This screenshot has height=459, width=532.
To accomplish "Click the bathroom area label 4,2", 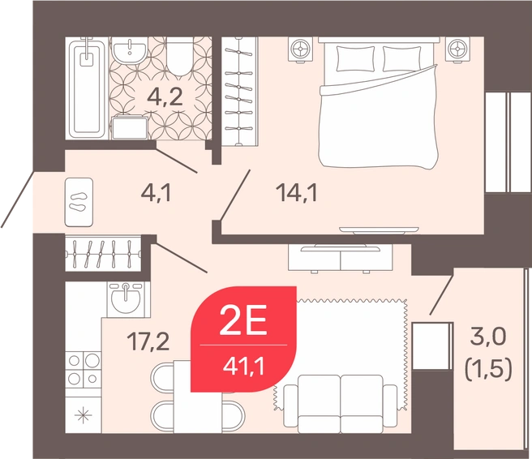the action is click(165, 97).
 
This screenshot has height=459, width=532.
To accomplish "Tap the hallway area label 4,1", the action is click(157, 193).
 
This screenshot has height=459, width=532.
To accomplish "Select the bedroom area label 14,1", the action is click(297, 193).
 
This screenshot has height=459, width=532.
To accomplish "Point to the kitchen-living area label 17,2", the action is click(148, 341).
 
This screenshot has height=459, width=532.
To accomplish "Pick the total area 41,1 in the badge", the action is click(243, 367).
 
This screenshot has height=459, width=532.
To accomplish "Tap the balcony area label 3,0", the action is click(488, 338).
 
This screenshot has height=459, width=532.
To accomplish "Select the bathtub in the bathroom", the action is click(87, 88).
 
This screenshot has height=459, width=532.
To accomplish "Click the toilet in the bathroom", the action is click(180, 57).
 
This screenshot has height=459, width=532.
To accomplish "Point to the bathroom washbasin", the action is click(129, 50).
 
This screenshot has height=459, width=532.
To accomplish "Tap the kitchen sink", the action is click(126, 299).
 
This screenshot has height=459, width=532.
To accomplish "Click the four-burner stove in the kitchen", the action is click(84, 369).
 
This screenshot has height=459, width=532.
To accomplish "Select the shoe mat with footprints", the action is click(79, 202).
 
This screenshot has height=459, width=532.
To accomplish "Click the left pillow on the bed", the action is click(355, 58).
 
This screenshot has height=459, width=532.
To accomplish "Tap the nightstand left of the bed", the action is click(301, 49).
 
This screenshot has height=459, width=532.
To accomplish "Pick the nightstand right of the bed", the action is click(458, 49).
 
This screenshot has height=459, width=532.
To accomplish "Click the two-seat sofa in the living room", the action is click(341, 404).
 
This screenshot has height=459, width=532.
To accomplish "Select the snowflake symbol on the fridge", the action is click(83, 415).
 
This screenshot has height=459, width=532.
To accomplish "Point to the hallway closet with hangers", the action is click(103, 253).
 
